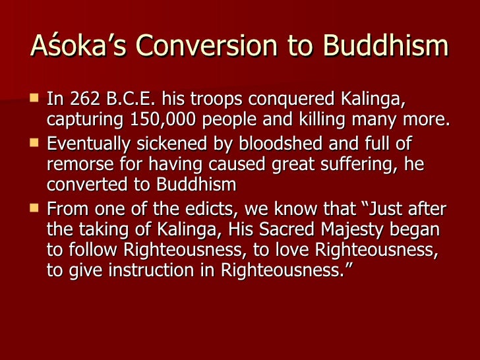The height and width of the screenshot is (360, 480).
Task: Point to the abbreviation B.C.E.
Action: pyautogui.click(x=130, y=100)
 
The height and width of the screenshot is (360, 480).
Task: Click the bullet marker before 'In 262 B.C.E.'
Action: pyautogui.click(x=35, y=100)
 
